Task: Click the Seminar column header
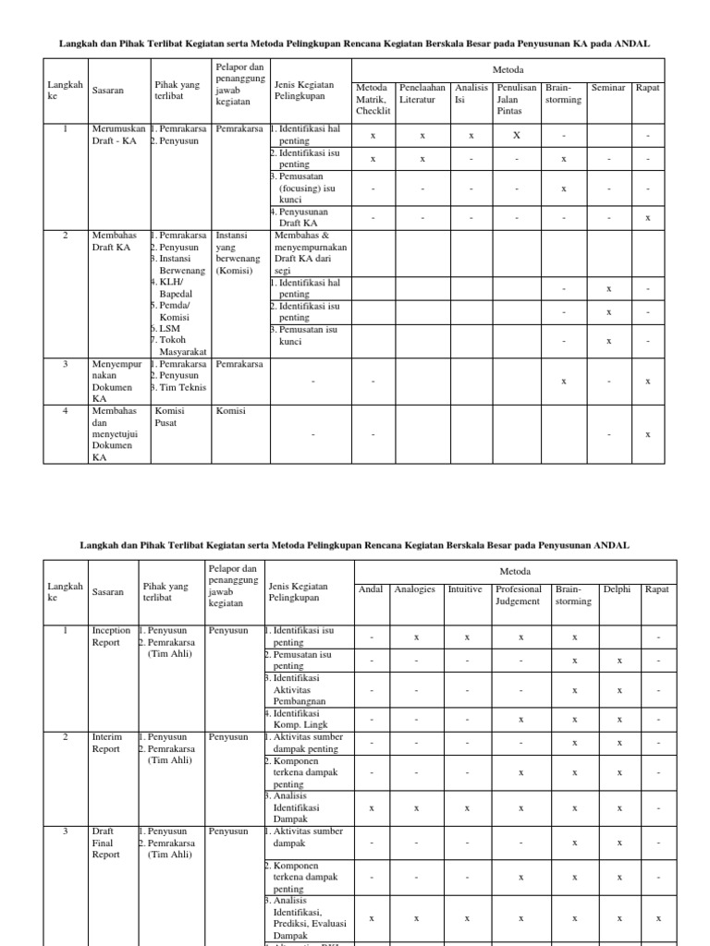point(608,88)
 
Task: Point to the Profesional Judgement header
point(519,595)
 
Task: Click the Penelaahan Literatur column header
point(422,93)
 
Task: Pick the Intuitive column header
point(465,588)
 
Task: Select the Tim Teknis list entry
point(178,388)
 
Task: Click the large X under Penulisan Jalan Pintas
point(517,135)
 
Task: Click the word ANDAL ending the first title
point(632,42)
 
